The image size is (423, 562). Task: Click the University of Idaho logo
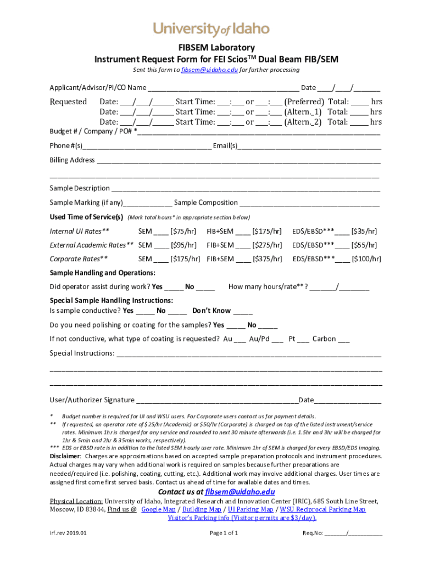point(211,28)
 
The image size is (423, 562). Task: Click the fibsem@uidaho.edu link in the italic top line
point(209,70)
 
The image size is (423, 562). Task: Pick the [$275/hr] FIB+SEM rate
point(267,245)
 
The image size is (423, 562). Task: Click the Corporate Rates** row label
point(79,259)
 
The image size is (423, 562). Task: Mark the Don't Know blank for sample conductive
point(243,311)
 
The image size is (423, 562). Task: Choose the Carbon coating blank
point(344,340)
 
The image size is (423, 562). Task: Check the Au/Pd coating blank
point(277,340)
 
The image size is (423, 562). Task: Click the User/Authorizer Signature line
point(217,401)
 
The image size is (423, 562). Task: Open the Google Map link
point(158,509)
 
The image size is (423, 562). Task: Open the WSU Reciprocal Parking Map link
point(322,509)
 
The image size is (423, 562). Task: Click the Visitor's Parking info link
point(242,518)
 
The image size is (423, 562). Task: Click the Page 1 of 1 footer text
point(224,533)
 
